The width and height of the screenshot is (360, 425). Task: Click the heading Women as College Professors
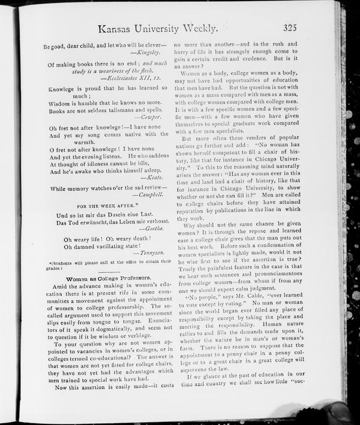coord(109,278)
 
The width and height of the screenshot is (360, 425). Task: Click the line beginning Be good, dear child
coord(105,45)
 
